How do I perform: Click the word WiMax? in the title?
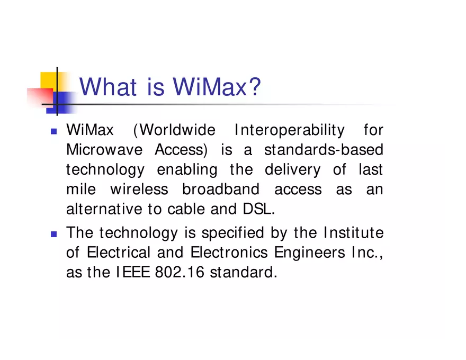click(218, 87)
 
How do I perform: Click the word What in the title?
click(108, 87)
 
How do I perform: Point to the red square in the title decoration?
click(39, 97)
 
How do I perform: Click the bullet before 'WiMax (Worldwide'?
click(53, 131)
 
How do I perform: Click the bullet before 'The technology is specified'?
click(53, 233)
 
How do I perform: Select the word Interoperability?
click(289, 130)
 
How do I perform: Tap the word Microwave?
click(104, 150)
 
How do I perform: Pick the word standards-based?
click(324, 150)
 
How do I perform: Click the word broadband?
click(221, 190)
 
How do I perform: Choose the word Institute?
click(353, 233)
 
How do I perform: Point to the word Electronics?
click(229, 253)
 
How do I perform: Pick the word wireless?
click(139, 190)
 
